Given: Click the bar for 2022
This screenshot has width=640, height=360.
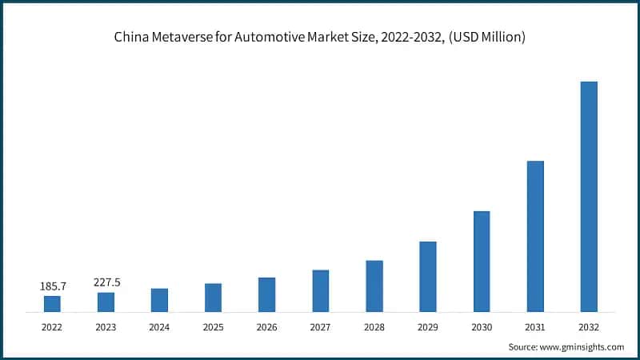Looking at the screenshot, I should coord(52,303).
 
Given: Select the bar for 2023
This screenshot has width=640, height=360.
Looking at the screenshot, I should coord(106,302).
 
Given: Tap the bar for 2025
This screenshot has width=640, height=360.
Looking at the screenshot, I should coord(213,297).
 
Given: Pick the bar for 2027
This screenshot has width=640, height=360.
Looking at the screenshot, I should coord(321,290).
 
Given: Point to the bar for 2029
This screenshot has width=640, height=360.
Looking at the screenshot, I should coord(428,276).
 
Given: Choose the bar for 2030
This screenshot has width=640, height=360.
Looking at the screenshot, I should coord(482,261).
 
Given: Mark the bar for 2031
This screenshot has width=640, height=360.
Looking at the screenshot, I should coord(535,236).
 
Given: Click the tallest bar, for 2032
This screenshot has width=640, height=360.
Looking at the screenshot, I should coord(589,196).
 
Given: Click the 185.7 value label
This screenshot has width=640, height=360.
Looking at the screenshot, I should coord(52,286).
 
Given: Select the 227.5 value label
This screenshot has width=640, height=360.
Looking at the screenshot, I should coord(106,282).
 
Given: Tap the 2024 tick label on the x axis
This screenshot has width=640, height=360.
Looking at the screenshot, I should coord(159,327).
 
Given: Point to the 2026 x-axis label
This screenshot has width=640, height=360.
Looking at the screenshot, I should coord(266,327).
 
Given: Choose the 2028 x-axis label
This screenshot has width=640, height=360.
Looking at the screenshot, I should coord(374,327).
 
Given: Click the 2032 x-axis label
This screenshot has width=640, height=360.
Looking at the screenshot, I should coord(589,327).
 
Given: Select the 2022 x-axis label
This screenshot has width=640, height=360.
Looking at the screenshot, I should coord(52,327).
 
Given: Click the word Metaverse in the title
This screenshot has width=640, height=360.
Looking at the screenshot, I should coord(179,38).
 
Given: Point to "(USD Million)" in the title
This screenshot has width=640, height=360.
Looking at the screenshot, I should coord(486,38).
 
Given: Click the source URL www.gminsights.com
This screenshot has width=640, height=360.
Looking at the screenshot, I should coord(583,346).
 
